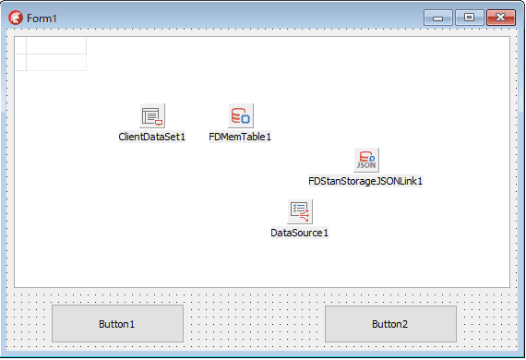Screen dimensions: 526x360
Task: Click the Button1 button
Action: tap(117, 323)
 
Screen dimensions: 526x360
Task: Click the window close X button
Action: tap(501, 18)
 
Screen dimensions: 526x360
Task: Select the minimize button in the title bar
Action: tap(438, 18)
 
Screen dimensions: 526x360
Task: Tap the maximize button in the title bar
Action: tap(470, 18)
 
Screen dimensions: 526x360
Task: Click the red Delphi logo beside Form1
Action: tap(16, 18)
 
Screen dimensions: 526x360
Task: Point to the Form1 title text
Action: tap(42, 18)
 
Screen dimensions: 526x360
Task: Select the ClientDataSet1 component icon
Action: tap(152, 115)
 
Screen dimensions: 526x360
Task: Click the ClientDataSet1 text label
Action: tap(152, 137)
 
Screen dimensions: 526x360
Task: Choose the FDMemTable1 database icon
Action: tap(241, 115)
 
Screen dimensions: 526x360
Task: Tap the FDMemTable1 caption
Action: tap(240, 137)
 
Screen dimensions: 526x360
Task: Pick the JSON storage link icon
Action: tap(366, 160)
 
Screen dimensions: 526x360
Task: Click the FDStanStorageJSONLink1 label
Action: tap(365, 181)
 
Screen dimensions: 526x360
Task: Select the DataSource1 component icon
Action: tap(300, 211)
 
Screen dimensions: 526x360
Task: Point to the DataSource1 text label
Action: tap(300, 233)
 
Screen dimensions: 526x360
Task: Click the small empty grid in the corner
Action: tap(51, 54)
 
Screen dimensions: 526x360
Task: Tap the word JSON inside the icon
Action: tap(366, 165)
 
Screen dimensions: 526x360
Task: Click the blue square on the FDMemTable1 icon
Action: tap(245, 119)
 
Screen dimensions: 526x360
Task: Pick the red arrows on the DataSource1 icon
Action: tap(305, 215)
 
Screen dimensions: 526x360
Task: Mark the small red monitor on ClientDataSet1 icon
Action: tap(159, 123)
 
